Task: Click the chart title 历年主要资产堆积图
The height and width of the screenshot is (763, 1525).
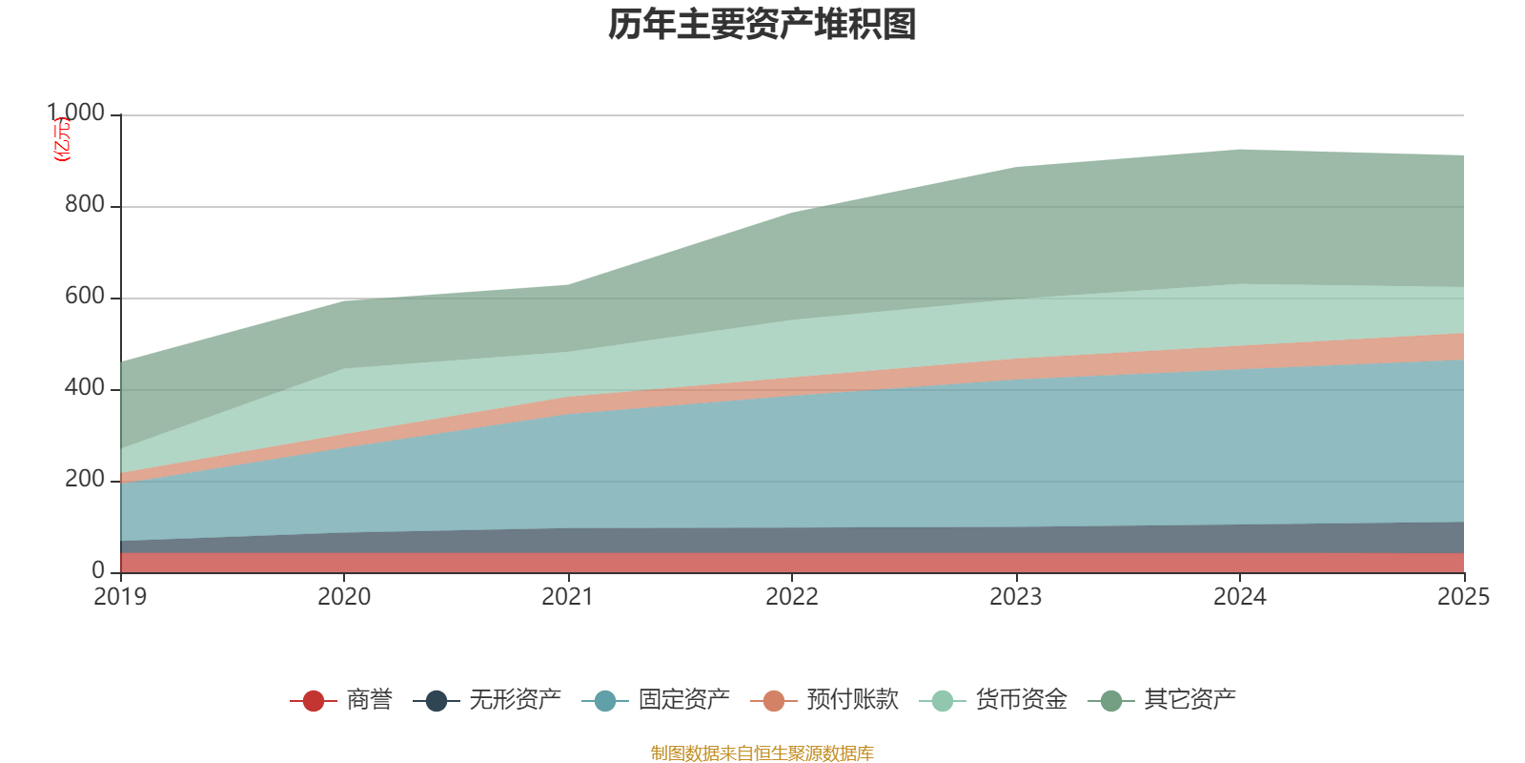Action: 762,25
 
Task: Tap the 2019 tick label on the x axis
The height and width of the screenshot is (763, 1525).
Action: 120,597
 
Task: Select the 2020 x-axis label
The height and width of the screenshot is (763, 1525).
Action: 344,597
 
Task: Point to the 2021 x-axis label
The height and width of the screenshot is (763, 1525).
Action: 568,597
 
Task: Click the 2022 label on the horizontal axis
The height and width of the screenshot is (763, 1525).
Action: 792,597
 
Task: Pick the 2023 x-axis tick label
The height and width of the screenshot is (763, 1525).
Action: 1016,597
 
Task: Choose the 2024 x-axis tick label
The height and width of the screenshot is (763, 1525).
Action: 1239,597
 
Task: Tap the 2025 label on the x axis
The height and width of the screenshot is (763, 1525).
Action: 1462,597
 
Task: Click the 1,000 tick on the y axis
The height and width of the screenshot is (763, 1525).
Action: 76,113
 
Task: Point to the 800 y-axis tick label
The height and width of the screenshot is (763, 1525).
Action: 84,205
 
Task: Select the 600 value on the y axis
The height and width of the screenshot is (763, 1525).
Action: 84,297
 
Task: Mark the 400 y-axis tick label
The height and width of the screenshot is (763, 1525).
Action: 84,388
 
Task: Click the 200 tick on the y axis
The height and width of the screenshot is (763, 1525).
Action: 84,480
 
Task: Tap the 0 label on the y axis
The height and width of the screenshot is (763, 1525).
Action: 97,570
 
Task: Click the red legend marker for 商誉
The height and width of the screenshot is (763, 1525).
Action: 313,701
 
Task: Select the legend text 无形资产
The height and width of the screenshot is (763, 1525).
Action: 515,700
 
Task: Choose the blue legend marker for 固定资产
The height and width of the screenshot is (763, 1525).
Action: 604,701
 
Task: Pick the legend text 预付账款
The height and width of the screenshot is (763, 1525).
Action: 852,700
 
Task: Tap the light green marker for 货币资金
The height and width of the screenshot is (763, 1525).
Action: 942,701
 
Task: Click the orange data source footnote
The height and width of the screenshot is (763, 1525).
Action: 762,753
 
